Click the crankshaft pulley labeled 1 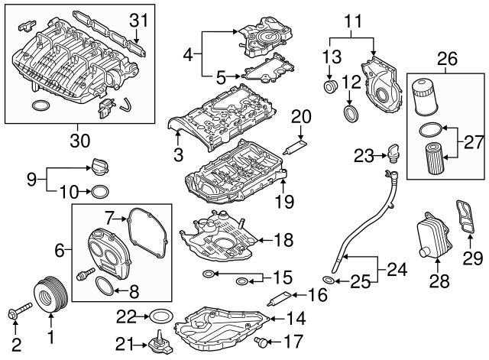coord(49,296)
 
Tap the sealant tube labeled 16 coord(277,300)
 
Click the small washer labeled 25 coord(329,280)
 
